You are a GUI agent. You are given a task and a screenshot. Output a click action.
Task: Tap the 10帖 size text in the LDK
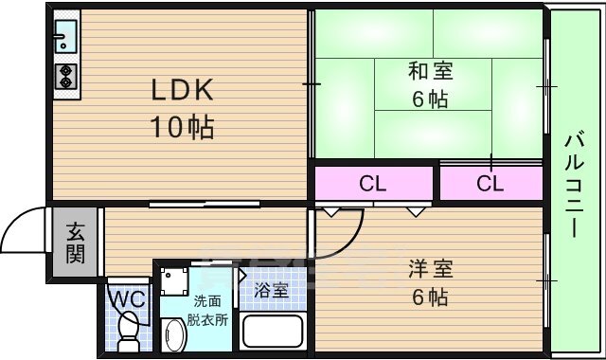[180, 125]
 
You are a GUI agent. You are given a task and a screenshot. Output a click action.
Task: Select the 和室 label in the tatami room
[430, 70]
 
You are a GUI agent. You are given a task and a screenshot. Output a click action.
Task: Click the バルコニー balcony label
[574, 186]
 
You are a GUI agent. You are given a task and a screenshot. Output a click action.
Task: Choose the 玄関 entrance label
[75, 242]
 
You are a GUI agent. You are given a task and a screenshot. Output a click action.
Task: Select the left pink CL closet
[373, 184]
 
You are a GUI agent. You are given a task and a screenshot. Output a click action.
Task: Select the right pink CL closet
[489, 184]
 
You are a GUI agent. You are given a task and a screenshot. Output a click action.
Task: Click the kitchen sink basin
[65, 39]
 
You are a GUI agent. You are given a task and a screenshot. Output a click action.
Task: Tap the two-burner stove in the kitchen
[66, 76]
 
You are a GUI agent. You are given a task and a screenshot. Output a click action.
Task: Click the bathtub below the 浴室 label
[272, 332]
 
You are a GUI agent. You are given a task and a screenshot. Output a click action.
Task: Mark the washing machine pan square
[175, 279]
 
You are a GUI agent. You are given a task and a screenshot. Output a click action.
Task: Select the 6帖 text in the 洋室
[430, 297]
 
